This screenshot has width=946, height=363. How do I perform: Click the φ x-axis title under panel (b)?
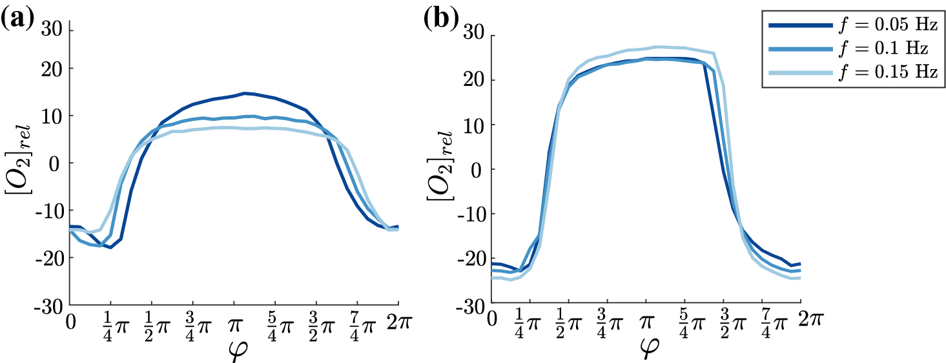point(647,349)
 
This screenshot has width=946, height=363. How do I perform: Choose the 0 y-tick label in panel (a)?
point(58,163)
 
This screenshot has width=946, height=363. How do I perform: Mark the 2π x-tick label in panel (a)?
point(396,321)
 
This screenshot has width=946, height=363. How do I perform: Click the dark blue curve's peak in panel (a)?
point(245,93)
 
